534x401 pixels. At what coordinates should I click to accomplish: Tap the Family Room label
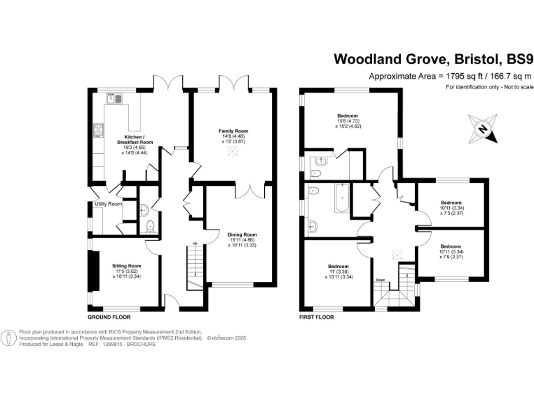pyautogui.click(x=233, y=131)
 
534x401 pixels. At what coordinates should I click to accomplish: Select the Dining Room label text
pyautogui.click(x=243, y=235)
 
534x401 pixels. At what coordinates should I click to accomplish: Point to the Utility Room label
pyautogui.click(x=108, y=204)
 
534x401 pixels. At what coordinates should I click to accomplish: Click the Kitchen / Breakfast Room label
pyautogui.click(x=139, y=139)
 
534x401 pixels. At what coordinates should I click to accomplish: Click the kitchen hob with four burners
pyautogui.click(x=98, y=129)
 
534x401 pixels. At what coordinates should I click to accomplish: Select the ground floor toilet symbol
pyautogui.click(x=150, y=224)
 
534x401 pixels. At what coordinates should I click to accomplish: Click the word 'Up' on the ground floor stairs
pyautogui.click(x=194, y=242)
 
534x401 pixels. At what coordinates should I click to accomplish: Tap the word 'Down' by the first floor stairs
pyautogui.click(x=380, y=279)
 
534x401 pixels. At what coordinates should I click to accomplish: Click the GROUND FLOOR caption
pyautogui.click(x=108, y=316)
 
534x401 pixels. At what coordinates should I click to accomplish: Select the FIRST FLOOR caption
pyautogui.click(x=316, y=316)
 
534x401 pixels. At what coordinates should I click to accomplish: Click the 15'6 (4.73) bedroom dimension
pyautogui.click(x=348, y=121)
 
